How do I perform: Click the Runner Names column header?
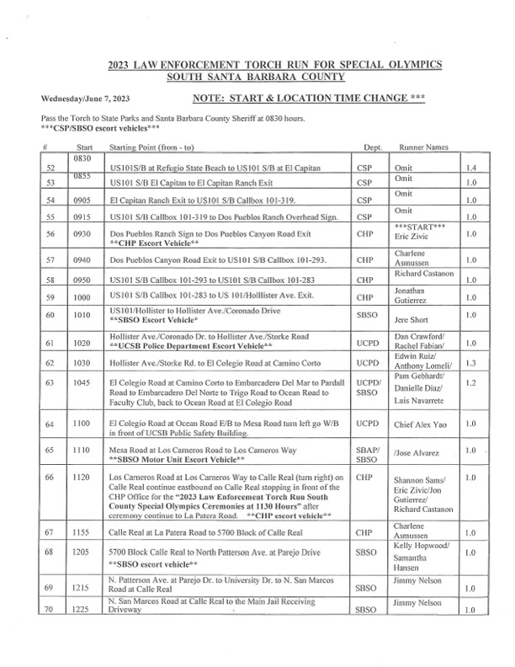click(423, 147)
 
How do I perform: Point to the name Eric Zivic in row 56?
click(411, 237)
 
